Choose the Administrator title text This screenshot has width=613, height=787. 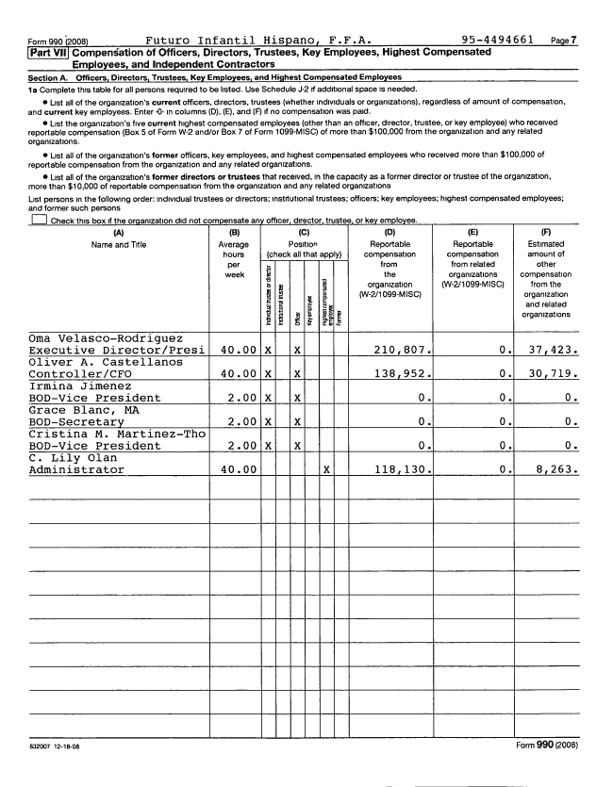76,468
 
